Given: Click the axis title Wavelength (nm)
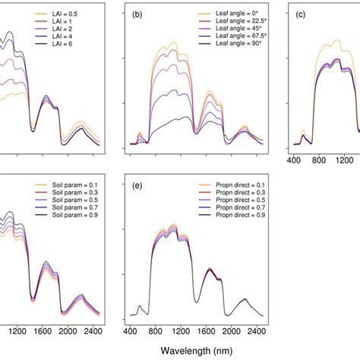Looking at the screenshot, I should tap(201, 351).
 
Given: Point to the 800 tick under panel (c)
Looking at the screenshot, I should tap(318, 161).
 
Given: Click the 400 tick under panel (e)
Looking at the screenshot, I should tap(130, 331).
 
